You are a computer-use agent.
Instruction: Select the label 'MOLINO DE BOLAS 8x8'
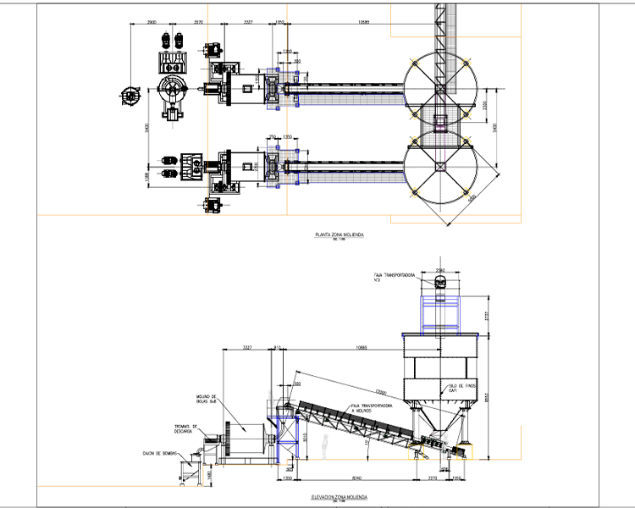click(x=207, y=399)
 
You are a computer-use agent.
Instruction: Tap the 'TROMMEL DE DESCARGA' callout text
click(x=185, y=428)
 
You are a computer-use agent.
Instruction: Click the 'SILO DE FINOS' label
click(x=457, y=388)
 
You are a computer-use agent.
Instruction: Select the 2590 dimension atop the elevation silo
click(x=439, y=270)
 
